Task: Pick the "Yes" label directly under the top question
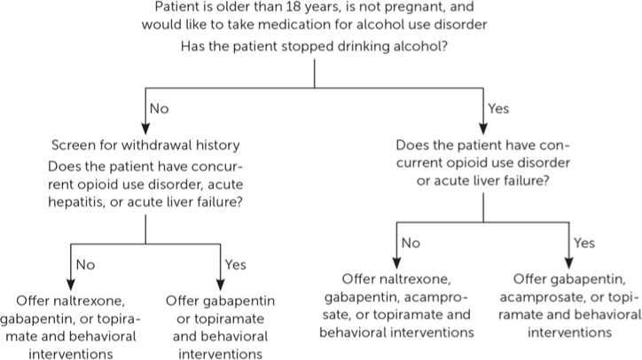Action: tap(499, 109)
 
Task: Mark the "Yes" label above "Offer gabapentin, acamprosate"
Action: tap(584, 242)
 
